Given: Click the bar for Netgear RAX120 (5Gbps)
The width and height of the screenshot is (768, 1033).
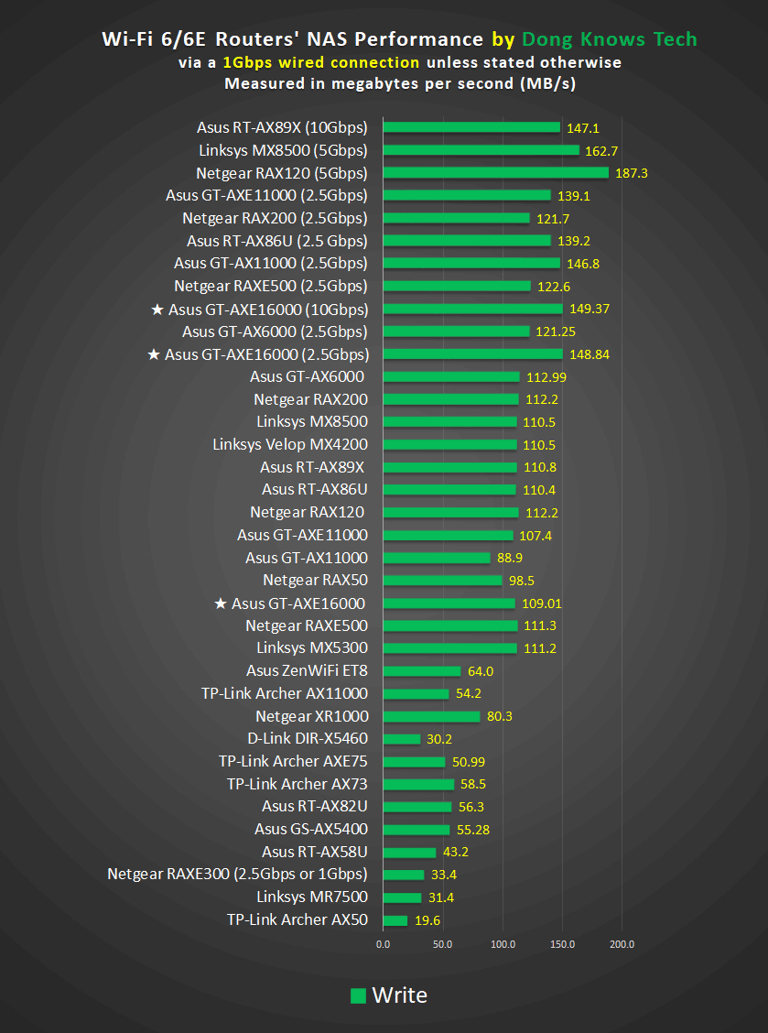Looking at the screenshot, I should pos(495,172).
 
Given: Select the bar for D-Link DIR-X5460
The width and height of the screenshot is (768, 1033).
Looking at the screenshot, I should pos(401,739).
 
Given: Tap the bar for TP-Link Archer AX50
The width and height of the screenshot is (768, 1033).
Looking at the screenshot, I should pos(395,920).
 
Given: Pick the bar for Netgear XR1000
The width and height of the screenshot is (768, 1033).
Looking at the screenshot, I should pos(431,716).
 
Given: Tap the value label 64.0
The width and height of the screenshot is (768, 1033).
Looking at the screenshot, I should pos(481,671).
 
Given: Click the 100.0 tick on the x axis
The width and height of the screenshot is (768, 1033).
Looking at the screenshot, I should pos(503,943).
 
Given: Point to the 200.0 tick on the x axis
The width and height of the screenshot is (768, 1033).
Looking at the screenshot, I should pos(622,943).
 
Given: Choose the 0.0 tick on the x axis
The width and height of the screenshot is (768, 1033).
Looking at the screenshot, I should pos(383,943).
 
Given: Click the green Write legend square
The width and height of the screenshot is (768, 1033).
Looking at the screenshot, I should pos(359,995).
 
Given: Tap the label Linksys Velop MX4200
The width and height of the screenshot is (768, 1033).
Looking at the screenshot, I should pos(289,445).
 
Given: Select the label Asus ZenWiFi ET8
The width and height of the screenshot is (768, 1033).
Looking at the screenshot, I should pos(307,671).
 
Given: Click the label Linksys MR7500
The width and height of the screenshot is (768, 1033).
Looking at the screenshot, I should pos(312,897).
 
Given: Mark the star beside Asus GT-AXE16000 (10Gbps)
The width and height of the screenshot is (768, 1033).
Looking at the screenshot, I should pos(157,310).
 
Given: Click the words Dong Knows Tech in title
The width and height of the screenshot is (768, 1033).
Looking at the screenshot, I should pos(609,39).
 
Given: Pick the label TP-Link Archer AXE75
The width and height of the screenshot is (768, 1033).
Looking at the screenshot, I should pos(293,762).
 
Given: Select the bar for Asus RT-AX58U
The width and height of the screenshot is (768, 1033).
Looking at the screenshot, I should pos(409,853).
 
